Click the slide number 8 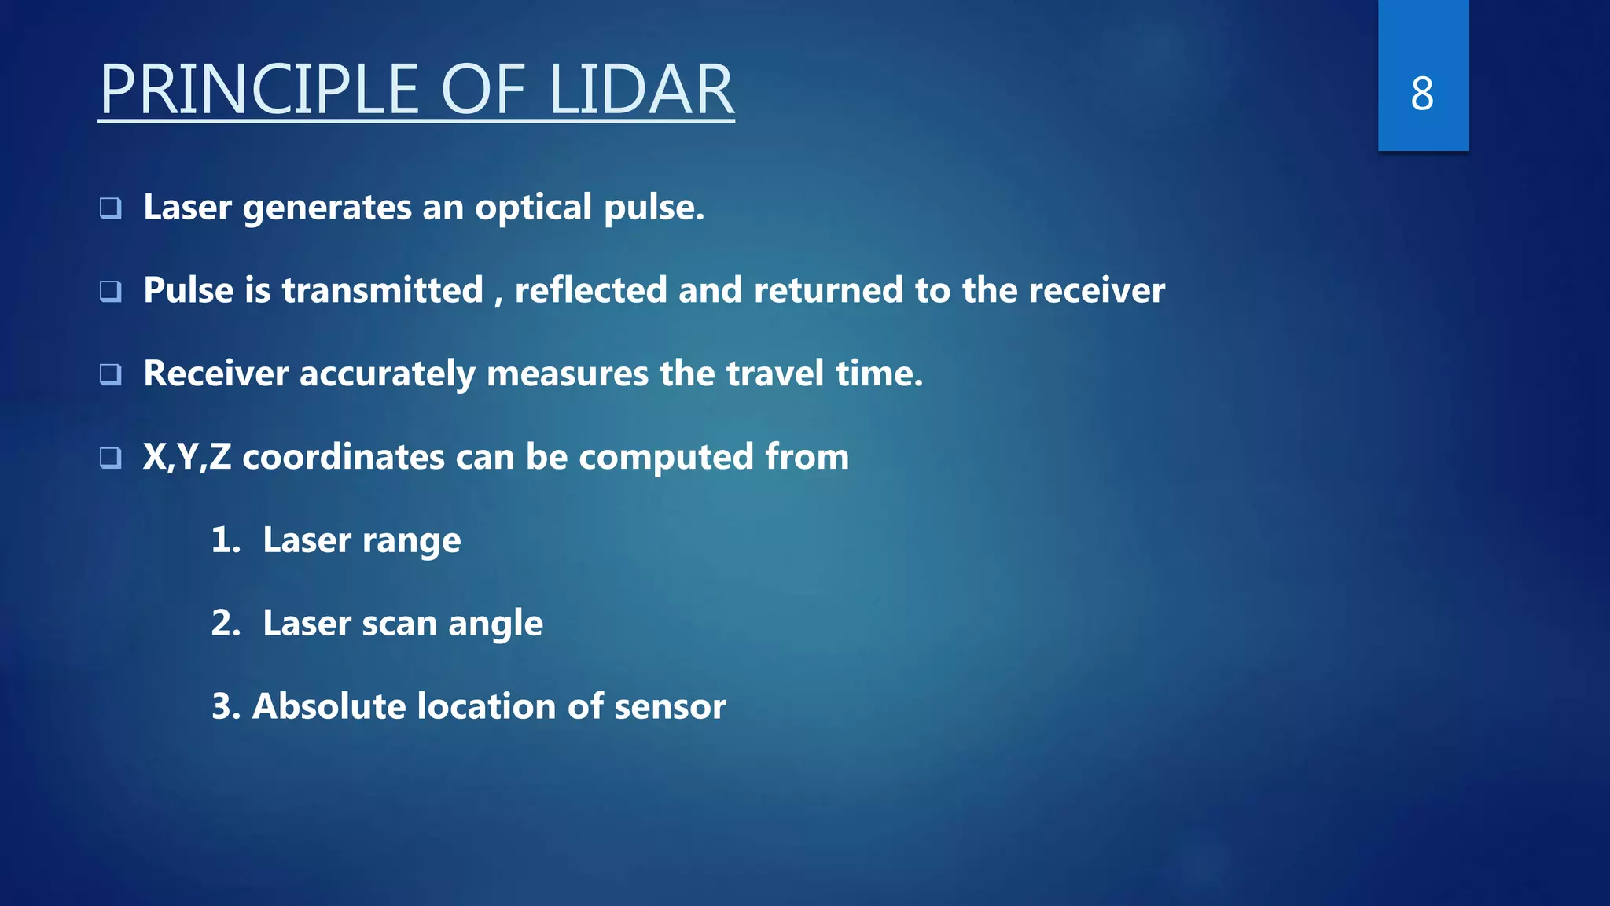[x=1421, y=94]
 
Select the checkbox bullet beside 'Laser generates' [x=111, y=208]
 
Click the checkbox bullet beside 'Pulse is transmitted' [x=111, y=292]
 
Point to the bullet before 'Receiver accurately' [x=111, y=374]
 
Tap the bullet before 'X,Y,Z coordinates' [x=111, y=458]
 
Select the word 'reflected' [x=590, y=290]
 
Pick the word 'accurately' [x=387, y=374]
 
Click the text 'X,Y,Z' [x=187, y=457]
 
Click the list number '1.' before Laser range [x=226, y=540]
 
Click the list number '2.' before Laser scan [x=226, y=624]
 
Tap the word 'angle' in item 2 [x=495, y=624]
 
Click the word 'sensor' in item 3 [x=670, y=707]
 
